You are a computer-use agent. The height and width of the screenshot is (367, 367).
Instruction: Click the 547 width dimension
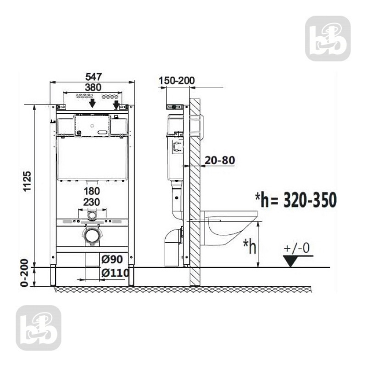(x=92, y=76)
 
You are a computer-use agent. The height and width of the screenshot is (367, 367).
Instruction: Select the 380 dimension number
(x=92, y=86)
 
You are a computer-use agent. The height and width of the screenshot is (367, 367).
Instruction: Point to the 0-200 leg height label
(x=27, y=274)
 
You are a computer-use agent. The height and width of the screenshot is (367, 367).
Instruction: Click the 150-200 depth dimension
(x=177, y=81)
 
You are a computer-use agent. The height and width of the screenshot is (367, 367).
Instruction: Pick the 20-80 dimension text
(x=221, y=160)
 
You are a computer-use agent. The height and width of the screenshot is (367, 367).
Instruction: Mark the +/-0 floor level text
(x=297, y=248)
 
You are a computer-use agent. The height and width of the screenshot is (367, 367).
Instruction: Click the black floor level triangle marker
(x=290, y=261)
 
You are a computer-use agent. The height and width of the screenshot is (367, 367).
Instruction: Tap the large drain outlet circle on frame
(x=92, y=235)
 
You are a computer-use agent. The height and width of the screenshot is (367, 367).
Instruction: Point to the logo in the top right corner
(x=328, y=39)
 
